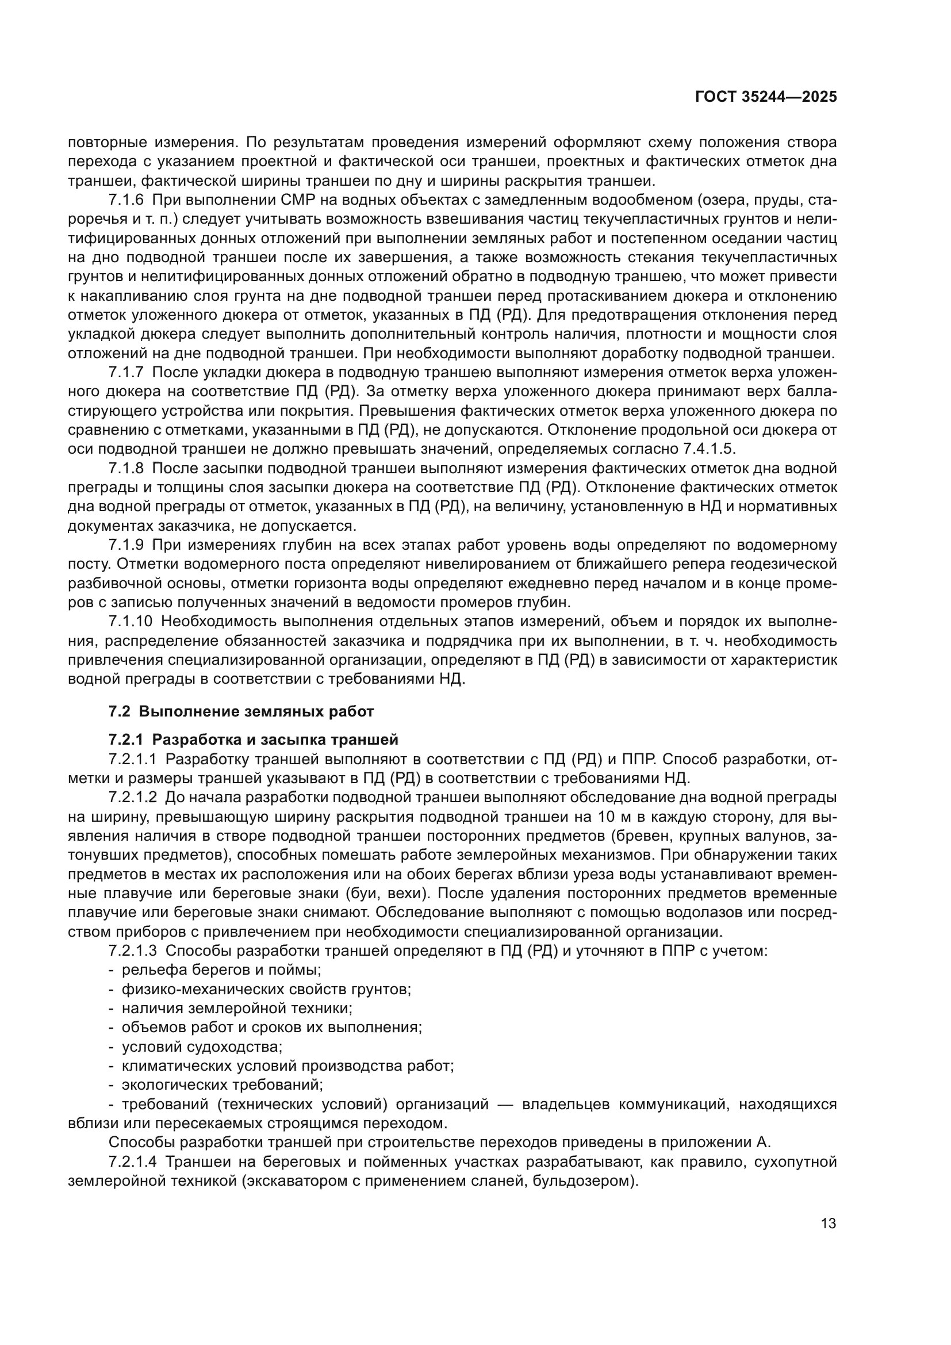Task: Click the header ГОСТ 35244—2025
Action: coord(766,97)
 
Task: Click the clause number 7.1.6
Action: coord(126,200)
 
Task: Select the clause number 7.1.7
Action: coord(126,373)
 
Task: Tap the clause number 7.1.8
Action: coord(126,468)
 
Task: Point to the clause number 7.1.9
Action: coord(126,545)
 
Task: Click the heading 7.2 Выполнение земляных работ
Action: coord(241,712)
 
